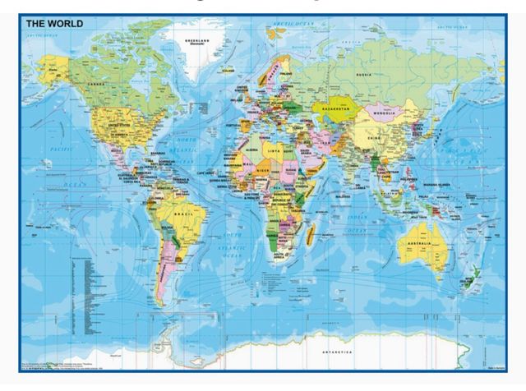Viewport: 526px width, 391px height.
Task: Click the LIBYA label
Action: pos(270,152)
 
